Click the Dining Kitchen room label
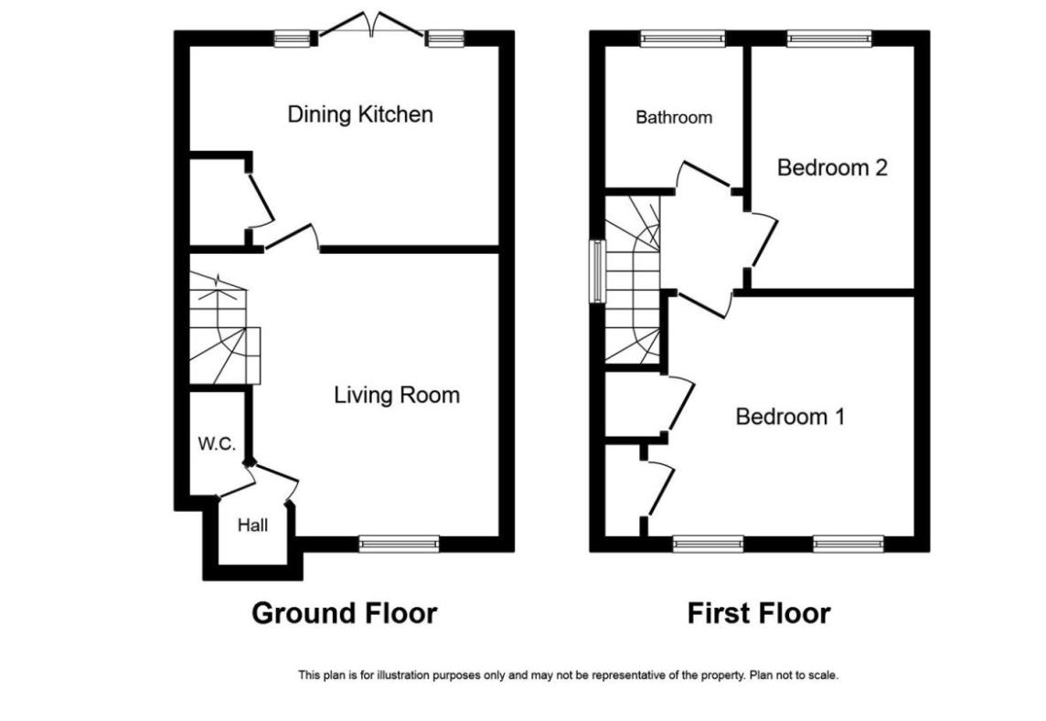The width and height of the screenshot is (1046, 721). pyautogui.click(x=359, y=114)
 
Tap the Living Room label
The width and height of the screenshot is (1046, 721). pyautogui.click(x=396, y=395)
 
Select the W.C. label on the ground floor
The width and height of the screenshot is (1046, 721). pyautogui.click(x=217, y=445)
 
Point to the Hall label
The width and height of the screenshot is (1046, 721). pyautogui.click(x=252, y=525)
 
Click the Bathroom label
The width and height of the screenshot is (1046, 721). pyautogui.click(x=674, y=118)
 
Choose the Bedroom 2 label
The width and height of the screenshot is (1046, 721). pyautogui.click(x=832, y=168)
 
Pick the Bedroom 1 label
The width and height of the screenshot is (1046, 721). pyautogui.click(x=790, y=417)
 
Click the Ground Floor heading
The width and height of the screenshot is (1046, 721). pyautogui.click(x=344, y=612)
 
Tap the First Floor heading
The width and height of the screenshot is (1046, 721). pyautogui.click(x=759, y=612)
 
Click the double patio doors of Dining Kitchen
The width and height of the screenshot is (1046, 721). pyautogui.click(x=371, y=27)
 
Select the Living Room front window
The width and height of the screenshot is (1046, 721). pyautogui.click(x=399, y=545)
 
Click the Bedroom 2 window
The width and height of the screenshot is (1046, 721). pyautogui.click(x=828, y=38)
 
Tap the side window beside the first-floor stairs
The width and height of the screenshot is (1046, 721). pyautogui.click(x=596, y=271)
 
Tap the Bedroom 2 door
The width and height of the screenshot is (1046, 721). pyautogui.click(x=764, y=240)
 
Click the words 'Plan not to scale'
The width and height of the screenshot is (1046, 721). pyautogui.click(x=794, y=676)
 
